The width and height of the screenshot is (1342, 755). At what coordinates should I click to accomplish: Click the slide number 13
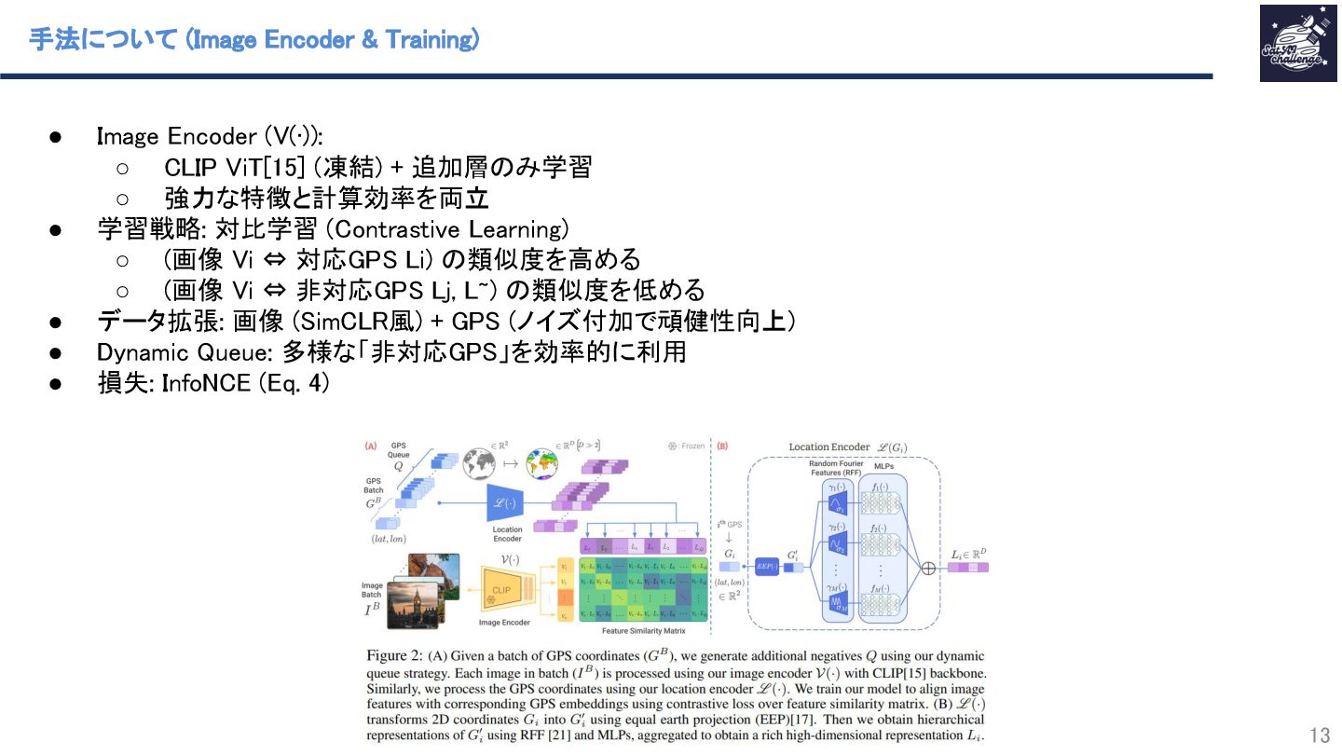[1320, 733]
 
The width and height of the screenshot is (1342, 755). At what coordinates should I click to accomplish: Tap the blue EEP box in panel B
[766, 565]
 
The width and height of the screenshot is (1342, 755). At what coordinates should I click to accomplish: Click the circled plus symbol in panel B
[927, 566]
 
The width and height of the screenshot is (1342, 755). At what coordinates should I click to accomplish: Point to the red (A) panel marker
[371, 446]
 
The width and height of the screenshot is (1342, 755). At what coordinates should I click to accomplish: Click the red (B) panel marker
[722, 446]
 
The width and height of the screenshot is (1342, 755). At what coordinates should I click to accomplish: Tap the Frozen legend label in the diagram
[692, 446]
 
